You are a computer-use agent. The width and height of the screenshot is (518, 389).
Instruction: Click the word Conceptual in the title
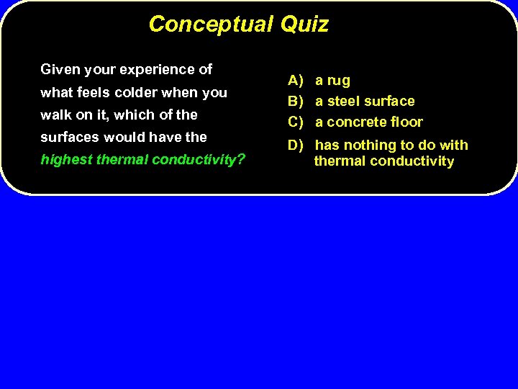pos(211,24)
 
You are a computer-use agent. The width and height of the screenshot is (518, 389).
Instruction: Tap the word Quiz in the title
pos(304,24)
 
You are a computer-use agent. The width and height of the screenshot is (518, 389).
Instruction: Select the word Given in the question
pos(60,70)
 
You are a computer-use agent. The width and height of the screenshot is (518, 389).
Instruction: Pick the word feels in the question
pos(94,92)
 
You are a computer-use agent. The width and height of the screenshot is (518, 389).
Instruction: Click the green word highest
pos(65,159)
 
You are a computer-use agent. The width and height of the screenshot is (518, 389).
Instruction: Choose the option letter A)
pos(296,81)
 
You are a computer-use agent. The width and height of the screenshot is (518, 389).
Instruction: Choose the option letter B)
pos(296,102)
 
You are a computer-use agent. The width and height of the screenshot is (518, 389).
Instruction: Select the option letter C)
pos(296,122)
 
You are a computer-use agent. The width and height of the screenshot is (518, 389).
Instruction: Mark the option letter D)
pos(296,146)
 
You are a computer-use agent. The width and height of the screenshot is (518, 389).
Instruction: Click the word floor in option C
pos(407,122)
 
